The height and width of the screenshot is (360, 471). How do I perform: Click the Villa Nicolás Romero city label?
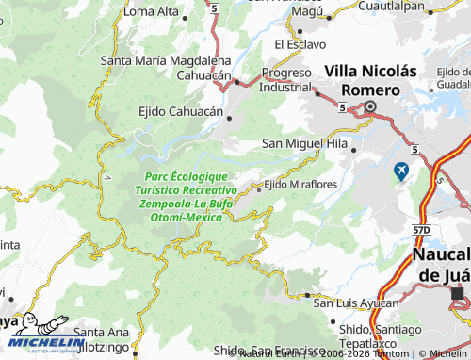pos(370,79)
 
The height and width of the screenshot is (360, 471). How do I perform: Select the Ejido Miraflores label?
pos(300,185)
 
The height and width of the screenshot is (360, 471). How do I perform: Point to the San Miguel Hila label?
pos(303,144)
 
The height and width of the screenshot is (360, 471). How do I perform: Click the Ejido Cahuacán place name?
pos(181,110)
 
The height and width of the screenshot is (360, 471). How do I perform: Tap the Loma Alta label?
pos(152,11)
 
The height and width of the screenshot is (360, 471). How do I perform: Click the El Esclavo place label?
pos(300,43)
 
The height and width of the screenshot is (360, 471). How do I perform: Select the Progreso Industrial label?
pos(286,80)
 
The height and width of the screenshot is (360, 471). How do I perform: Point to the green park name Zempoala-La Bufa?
pos(185,204)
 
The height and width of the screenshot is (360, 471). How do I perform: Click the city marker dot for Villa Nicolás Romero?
pos(371,107)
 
